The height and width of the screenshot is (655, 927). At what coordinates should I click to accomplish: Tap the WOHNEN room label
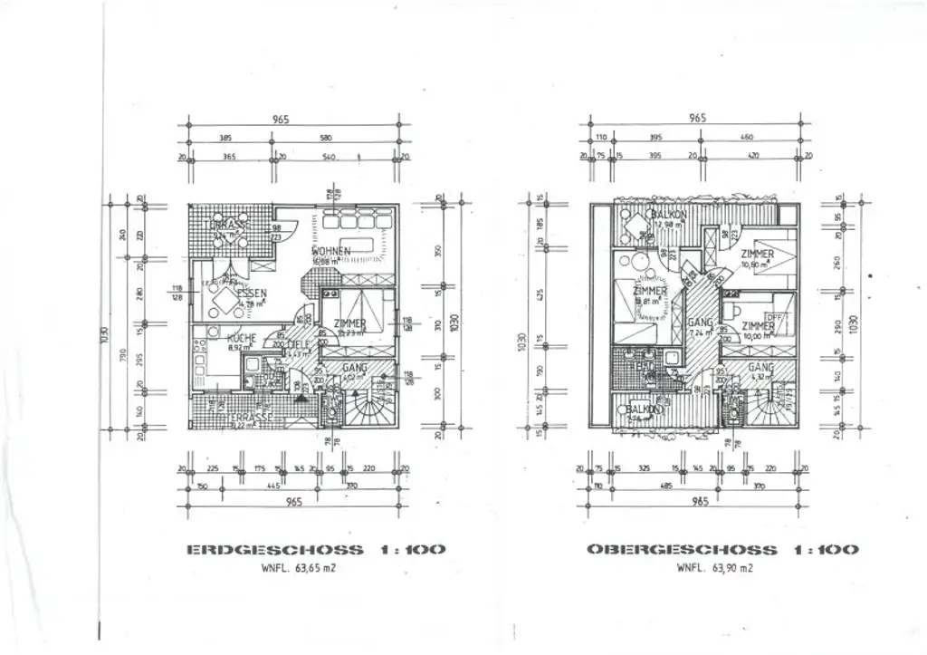click(331, 251)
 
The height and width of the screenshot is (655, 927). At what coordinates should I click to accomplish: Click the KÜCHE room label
click(242, 339)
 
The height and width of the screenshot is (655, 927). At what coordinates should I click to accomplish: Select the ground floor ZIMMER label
click(350, 323)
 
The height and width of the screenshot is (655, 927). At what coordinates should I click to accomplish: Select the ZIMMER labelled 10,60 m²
click(757, 255)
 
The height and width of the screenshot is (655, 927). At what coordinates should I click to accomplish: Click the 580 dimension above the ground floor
click(325, 138)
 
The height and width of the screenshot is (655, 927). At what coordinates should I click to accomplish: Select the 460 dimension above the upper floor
click(746, 138)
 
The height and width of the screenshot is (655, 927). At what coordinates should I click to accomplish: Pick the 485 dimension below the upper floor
click(668, 486)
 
